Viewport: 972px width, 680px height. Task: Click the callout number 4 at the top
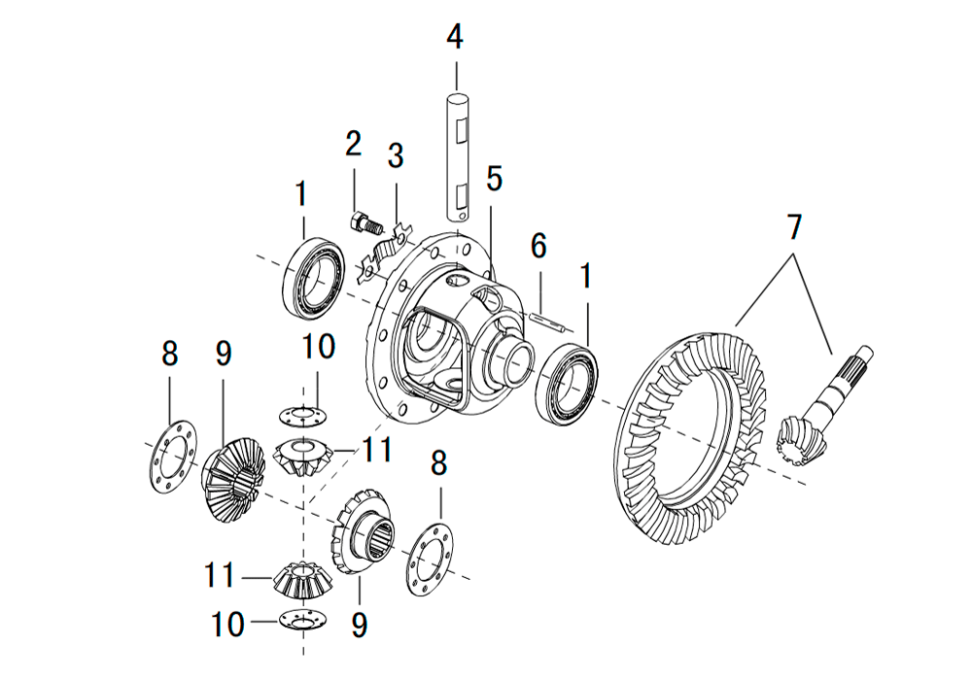pyautogui.click(x=455, y=38)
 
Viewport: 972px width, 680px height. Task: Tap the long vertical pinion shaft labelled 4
pyautogui.click(x=458, y=155)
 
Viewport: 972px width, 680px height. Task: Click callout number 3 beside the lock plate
pyautogui.click(x=396, y=155)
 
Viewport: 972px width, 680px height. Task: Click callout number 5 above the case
pyautogui.click(x=494, y=179)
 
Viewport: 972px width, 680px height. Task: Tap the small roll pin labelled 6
pyautogui.click(x=549, y=320)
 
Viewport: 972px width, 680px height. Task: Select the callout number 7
pyautogui.click(x=794, y=227)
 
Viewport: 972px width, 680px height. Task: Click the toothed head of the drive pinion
pyautogui.click(x=802, y=437)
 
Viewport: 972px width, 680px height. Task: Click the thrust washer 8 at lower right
pyautogui.click(x=430, y=559)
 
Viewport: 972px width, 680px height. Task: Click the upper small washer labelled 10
pyautogui.click(x=303, y=415)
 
